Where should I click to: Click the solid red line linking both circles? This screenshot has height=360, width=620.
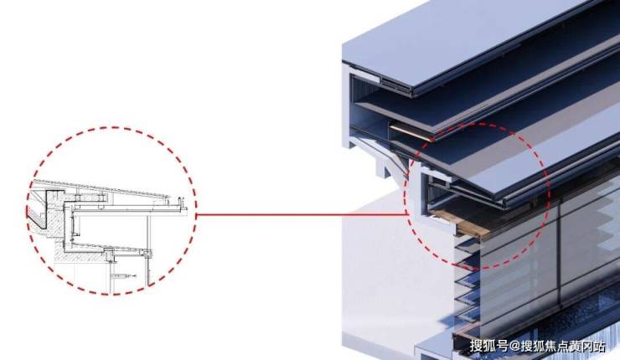[302, 215]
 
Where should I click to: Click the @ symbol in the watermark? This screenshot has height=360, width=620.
[514, 347]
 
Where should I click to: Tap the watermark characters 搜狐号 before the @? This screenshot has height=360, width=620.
[489, 346]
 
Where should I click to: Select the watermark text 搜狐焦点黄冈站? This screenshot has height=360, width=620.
[563, 347]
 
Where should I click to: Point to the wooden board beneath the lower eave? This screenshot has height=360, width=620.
[458, 224]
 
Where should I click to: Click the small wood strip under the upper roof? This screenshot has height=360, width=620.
[410, 132]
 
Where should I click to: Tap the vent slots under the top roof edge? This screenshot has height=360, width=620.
[395, 84]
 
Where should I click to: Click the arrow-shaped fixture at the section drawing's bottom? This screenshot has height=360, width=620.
[123, 275]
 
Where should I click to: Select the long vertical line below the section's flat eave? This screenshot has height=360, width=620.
[148, 249]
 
